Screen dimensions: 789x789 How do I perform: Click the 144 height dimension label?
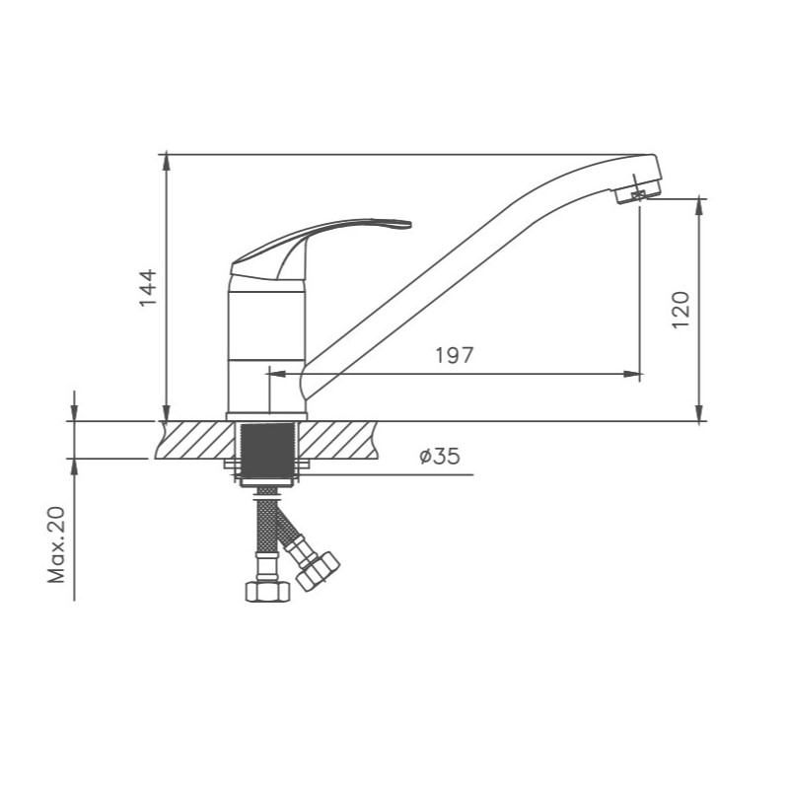[x=149, y=288]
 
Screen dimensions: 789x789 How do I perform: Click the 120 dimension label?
[x=681, y=310]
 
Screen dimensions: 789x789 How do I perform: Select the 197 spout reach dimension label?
[x=455, y=355]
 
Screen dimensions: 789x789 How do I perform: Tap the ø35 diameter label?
[x=439, y=457]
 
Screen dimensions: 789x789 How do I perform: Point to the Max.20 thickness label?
[x=56, y=545]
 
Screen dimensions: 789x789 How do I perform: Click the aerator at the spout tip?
[x=637, y=193]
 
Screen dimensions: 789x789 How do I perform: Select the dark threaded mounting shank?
[x=267, y=451]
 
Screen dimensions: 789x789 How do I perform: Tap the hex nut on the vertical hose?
[x=267, y=591]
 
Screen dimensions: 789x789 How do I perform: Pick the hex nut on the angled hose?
[x=318, y=571]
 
